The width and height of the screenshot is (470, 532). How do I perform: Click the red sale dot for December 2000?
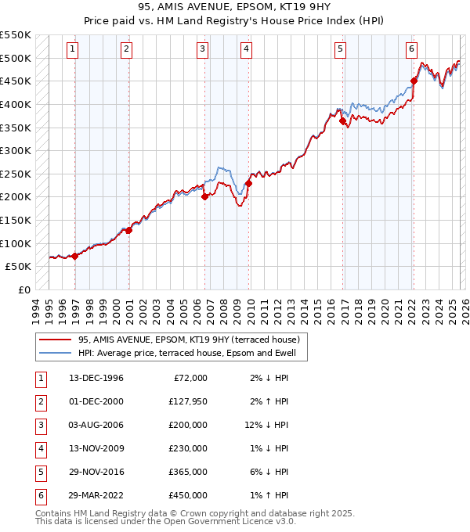tap(128, 230)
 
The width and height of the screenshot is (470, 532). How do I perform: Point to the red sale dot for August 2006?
tap(204, 196)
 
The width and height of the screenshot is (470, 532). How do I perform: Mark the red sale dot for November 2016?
tap(343, 120)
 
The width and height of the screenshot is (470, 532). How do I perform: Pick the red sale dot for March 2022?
tap(414, 80)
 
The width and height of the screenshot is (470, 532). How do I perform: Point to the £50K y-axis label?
tap(19, 266)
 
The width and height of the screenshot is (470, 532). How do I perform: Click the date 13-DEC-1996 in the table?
tap(96, 378)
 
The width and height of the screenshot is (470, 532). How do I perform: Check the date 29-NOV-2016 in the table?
tap(96, 472)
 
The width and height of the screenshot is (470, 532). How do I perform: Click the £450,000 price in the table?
tap(188, 495)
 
